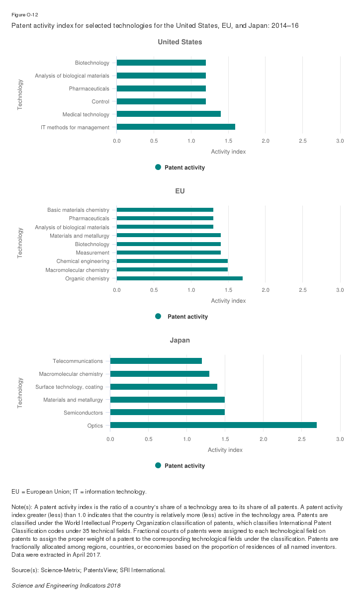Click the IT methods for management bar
click(176, 127)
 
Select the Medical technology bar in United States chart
click(169, 114)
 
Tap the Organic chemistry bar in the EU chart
click(180, 278)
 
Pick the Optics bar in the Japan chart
click(213, 425)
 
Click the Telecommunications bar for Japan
click(156, 361)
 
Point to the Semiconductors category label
click(83, 413)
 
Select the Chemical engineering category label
click(83, 261)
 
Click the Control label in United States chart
click(100, 101)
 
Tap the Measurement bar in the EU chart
click(169, 253)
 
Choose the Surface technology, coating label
click(69, 387)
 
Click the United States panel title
click(180, 42)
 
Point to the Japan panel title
click(180, 341)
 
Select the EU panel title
click(180, 191)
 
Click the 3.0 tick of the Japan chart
click(340, 439)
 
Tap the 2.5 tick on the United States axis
click(303, 141)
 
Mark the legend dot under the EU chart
click(158, 317)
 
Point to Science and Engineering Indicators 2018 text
click(66, 586)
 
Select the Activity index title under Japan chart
click(225, 450)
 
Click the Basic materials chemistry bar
click(165, 210)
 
